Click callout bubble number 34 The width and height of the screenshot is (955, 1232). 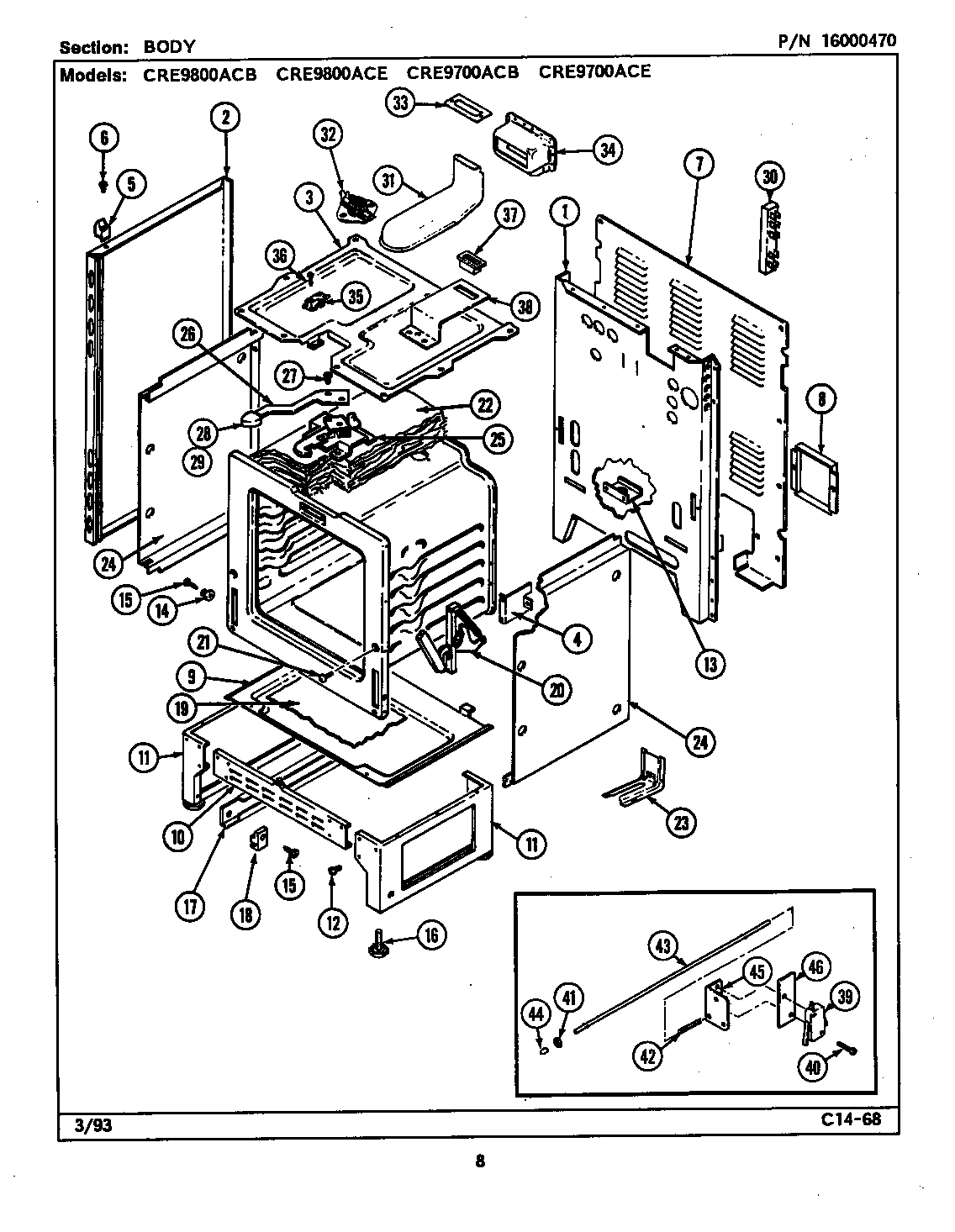point(605,150)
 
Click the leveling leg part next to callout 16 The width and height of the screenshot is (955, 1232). point(376,943)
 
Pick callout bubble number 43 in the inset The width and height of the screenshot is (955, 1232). point(664,946)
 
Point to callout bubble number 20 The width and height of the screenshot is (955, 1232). point(556,690)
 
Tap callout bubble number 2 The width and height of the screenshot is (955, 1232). point(225,118)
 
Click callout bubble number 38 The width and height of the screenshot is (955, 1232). point(524,308)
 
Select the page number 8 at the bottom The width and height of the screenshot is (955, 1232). point(479,1162)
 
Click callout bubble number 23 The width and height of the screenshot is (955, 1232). point(678,823)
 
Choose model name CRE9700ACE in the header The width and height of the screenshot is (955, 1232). point(594,71)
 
